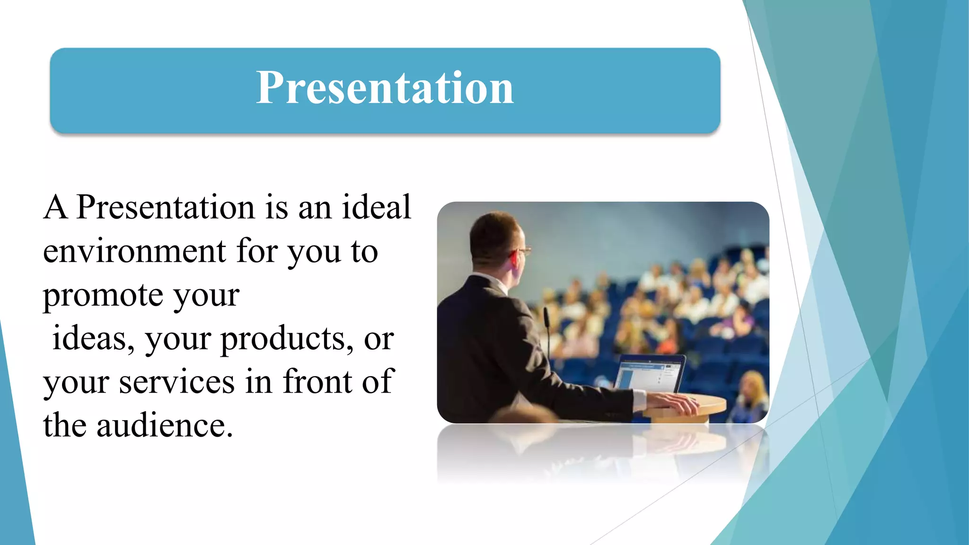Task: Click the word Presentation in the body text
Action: coord(166,207)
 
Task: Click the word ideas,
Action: coord(93,338)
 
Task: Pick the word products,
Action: coord(287,338)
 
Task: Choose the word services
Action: coord(176,382)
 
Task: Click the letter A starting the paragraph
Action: coord(55,207)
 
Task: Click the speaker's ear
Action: coord(513,259)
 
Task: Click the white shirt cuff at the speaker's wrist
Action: coord(639,400)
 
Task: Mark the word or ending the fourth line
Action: coord(379,339)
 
